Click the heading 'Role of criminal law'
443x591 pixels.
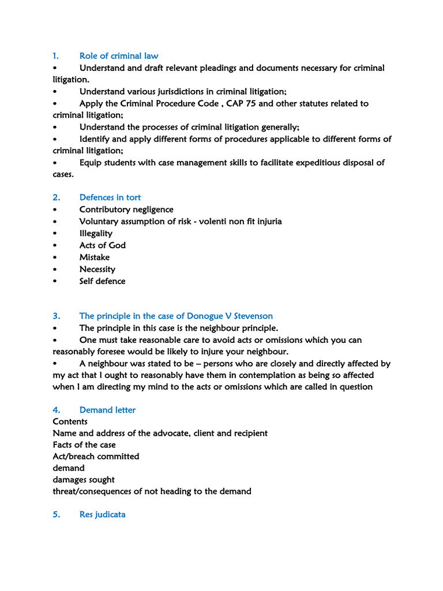[x=118, y=56]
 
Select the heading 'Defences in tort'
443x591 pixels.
[x=110, y=197]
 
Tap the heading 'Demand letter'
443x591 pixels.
[x=107, y=410]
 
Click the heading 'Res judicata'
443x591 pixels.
[x=102, y=514]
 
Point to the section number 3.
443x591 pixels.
[x=56, y=316]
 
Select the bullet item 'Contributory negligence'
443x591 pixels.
[x=126, y=210]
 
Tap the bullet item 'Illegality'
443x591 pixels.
[x=96, y=233]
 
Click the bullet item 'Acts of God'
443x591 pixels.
[x=102, y=245]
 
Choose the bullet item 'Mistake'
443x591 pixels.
[x=94, y=257]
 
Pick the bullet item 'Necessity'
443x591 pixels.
[x=97, y=269]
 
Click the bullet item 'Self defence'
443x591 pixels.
[x=102, y=281]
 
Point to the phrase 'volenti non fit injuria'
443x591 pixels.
[x=236, y=221]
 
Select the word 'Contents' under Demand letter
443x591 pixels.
[x=70, y=421]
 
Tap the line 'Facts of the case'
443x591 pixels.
[x=84, y=444]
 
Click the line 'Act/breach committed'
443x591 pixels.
[x=96, y=456]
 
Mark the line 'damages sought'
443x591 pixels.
[x=83, y=480]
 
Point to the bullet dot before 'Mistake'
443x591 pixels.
[x=55, y=257]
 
